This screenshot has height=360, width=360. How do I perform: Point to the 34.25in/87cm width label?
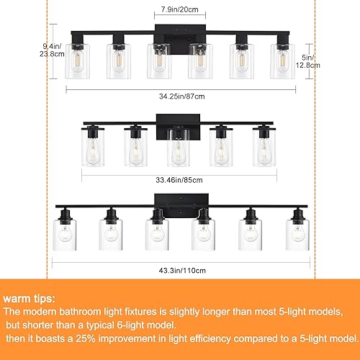click(181, 94)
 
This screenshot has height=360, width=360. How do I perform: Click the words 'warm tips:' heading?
click(32, 297)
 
